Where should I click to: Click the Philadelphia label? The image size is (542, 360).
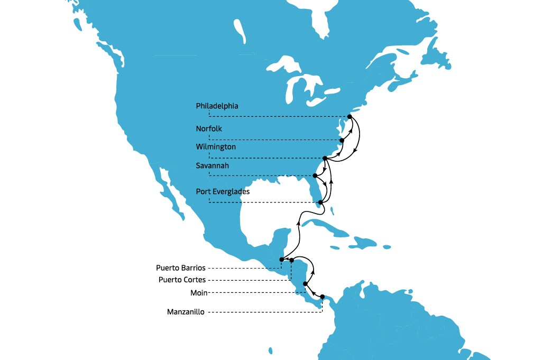point(217,106)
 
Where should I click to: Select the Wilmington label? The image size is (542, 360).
point(216,146)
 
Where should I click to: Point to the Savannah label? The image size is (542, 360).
point(213,166)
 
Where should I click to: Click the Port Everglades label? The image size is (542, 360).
point(223,191)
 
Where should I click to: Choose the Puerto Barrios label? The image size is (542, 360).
point(180,267)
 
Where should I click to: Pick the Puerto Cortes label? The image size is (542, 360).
point(182,280)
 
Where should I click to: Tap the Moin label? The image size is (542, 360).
point(199,292)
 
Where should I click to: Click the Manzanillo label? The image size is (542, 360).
point(185,312)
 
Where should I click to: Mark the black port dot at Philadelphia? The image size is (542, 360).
point(350,116)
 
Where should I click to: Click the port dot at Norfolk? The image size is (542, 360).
point(342,140)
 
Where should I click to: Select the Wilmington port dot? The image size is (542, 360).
point(324,158)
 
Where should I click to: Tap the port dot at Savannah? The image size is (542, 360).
point(316,176)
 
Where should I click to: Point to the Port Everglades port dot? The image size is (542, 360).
point(320,202)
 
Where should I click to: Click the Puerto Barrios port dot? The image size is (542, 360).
point(281,260)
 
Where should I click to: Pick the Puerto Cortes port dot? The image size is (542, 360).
point(291,260)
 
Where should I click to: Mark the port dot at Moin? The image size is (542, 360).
point(305,284)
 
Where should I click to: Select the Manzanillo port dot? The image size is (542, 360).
point(322,297)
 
